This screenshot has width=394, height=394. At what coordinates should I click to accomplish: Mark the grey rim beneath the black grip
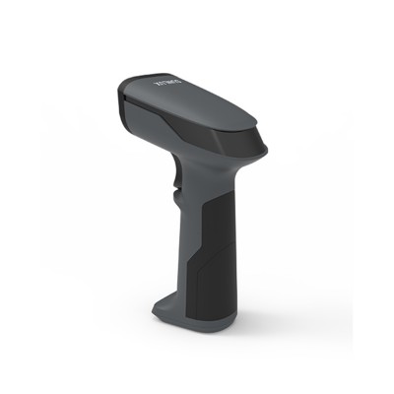click(207, 319)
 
